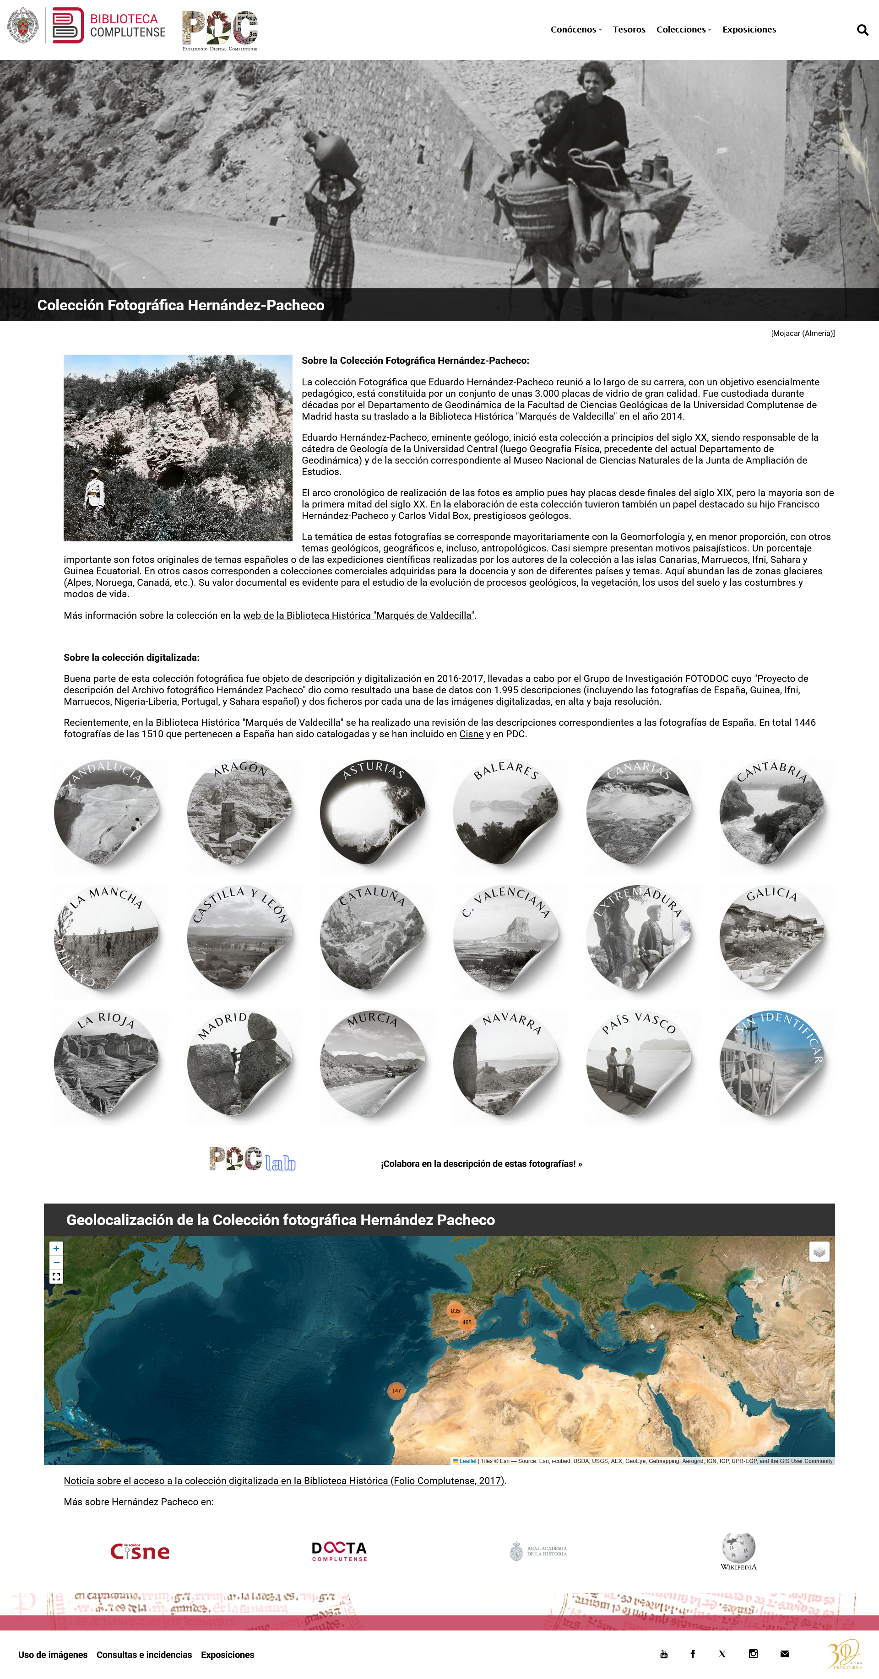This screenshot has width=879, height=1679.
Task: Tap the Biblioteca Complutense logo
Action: [109, 26]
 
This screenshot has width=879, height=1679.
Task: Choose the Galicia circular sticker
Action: [771, 937]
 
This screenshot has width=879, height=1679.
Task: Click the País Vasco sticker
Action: [638, 1063]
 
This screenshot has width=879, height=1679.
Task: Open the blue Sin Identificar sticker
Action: [771, 1063]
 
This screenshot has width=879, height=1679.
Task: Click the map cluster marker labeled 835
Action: [455, 1311]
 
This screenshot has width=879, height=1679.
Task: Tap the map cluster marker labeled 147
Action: [396, 1391]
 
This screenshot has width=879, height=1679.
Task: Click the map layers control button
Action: [819, 1252]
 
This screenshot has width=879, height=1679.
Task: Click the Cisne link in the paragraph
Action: [471, 734]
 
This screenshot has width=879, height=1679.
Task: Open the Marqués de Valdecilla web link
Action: [358, 615]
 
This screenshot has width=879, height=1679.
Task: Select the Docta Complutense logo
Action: [339, 1550]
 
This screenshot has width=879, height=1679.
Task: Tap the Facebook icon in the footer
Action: [693, 1653]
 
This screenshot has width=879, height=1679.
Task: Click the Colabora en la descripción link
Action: [481, 1163]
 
